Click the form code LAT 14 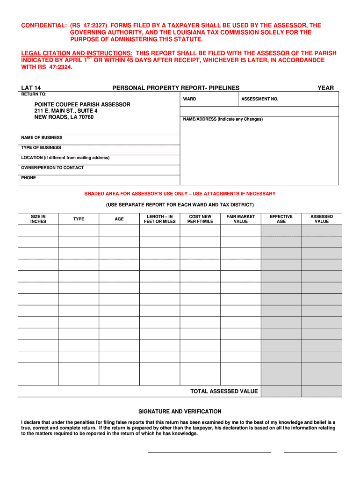pos(31,88)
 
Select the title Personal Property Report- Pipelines pos(176,88)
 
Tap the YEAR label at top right pos(325,88)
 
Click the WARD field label pos(189,99)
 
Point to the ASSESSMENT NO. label pos(259,99)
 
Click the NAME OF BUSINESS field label pos(42,138)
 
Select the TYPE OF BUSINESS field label pos(41,148)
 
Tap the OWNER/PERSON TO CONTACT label pos(52,167)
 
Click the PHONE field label pos(29,178)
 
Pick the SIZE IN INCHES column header pos(38,219)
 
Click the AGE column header pos(119,219)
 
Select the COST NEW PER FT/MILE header pos(200,219)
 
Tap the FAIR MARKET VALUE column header pos(241,219)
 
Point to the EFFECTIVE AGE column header pos(281,219)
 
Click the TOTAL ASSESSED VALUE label pos(224,392)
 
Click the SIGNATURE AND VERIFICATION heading pos(180,412)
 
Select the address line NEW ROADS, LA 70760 pos(64,117)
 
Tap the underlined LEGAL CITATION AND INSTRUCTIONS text pos(77,54)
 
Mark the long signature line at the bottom pos(209,452)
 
